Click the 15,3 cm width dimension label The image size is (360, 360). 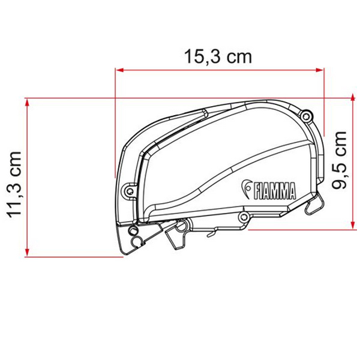(x=218, y=57)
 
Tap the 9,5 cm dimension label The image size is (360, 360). (x=339, y=160)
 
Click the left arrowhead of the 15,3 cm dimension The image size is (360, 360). (x=119, y=70)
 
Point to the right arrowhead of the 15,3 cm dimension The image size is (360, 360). (x=320, y=70)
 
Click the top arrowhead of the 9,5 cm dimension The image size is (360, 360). (x=353, y=98)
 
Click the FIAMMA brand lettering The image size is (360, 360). (x=275, y=191)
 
